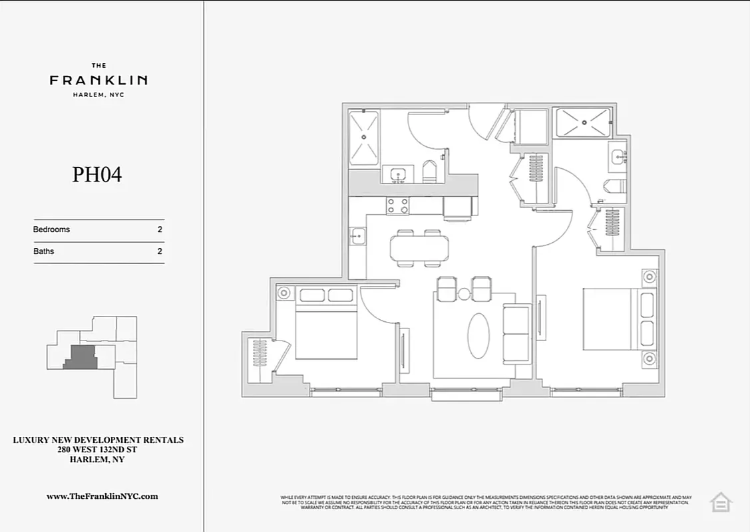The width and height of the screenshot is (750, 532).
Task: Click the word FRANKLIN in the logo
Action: click(x=98, y=80)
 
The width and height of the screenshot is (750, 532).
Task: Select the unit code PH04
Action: click(x=97, y=175)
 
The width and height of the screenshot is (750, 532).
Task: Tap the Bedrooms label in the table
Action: click(x=51, y=229)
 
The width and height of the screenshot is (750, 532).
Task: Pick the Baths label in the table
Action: click(x=43, y=251)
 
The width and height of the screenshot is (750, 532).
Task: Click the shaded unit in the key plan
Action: click(x=81, y=357)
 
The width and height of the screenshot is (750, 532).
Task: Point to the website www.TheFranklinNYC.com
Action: click(x=102, y=496)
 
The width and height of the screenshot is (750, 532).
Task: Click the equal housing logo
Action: click(x=720, y=502)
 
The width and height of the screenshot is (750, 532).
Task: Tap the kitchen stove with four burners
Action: click(x=398, y=206)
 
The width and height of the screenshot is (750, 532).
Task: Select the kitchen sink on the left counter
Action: click(x=357, y=235)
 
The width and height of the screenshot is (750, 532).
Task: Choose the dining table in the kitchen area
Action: click(x=419, y=248)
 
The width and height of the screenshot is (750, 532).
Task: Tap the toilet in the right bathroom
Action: click(x=614, y=186)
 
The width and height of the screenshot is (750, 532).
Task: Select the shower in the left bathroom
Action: click(x=364, y=138)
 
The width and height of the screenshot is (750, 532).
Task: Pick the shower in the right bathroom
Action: click(x=582, y=122)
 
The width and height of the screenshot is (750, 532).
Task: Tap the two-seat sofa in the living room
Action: click(x=516, y=334)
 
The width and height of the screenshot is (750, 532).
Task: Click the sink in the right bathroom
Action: click(x=618, y=158)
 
